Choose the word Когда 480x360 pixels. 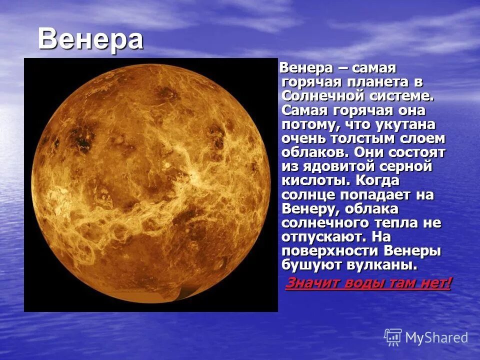click(x=378, y=180)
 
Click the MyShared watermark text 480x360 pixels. click(x=436, y=337)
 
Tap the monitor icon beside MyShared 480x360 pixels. click(x=393, y=337)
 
